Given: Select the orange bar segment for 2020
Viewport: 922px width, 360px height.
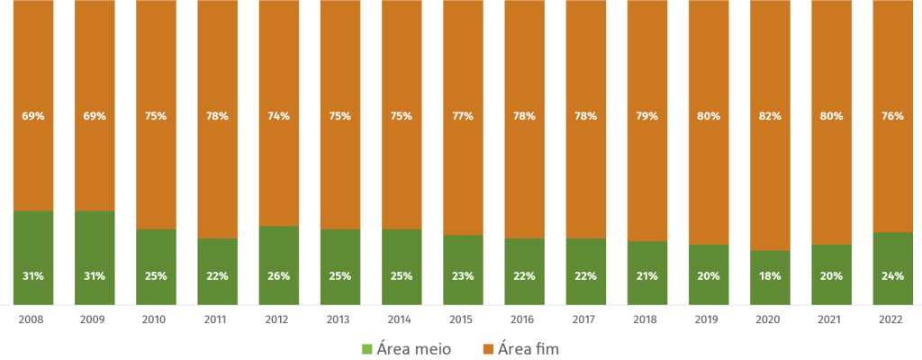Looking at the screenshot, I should tap(770, 180).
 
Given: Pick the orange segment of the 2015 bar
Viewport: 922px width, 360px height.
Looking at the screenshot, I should tap(463, 180).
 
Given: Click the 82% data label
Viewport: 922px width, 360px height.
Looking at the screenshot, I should tap(770, 116).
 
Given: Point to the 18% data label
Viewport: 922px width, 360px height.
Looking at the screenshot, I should tap(770, 276).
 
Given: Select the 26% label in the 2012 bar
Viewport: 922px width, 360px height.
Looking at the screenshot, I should tap(279, 276).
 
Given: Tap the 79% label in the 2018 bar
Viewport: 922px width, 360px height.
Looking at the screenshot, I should tap(647, 116).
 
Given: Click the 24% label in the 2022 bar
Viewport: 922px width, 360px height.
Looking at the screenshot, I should tap(893, 276).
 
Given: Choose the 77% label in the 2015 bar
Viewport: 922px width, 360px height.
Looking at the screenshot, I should tap(463, 116).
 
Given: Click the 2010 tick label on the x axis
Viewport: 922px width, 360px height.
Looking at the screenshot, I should tap(156, 319).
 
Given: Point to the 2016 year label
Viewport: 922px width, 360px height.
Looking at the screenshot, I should tap(524, 319).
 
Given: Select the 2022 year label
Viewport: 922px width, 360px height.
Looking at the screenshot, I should tap(893, 319).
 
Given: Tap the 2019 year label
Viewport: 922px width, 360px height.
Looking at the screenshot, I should tap(709, 319).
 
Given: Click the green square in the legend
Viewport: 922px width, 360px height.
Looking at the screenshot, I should tap(366, 348).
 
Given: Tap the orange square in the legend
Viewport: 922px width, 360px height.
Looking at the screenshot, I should tap(487, 348).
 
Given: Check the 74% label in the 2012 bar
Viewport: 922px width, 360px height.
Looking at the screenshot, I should tap(279, 116).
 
